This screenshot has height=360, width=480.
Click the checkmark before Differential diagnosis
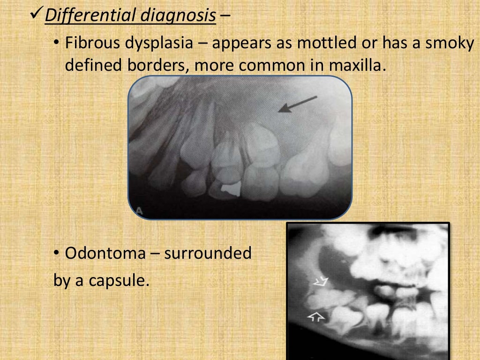pos(36,15)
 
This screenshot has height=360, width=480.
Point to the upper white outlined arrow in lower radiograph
pos(321,282)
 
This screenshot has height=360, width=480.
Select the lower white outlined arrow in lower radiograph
pos(316,317)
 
